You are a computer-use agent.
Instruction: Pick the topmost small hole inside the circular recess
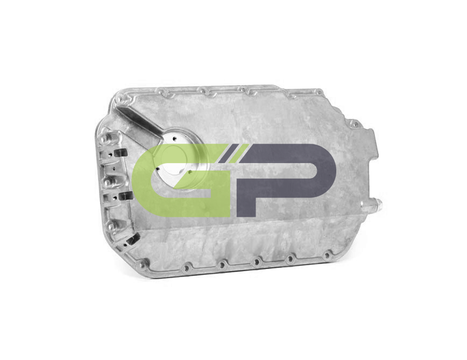pyautogui.click(x=174, y=138)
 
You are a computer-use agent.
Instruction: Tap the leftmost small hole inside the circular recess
pyautogui.click(x=157, y=169)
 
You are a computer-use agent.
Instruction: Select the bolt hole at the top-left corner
pyautogui.click(x=119, y=98)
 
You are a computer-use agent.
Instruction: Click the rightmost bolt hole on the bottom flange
pyautogui.click(x=327, y=256)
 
